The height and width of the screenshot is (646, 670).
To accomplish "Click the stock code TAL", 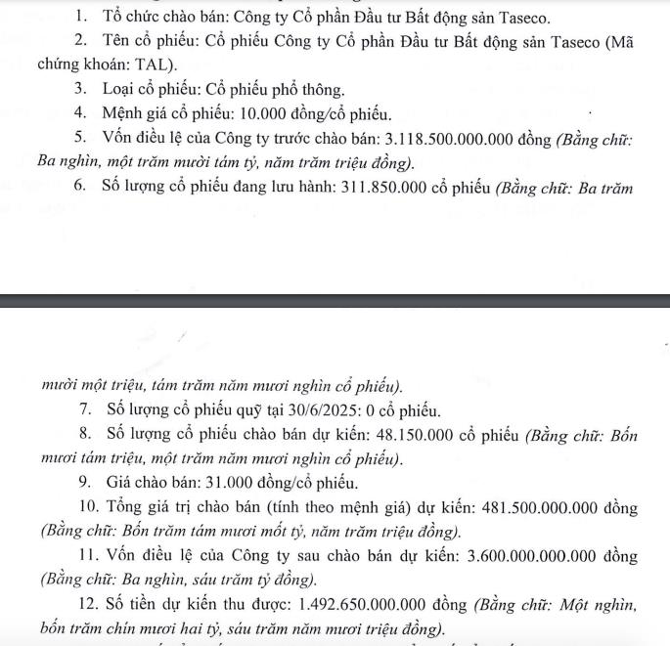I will click(x=159, y=65).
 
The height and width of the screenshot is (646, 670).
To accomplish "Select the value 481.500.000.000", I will click(x=534, y=508).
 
